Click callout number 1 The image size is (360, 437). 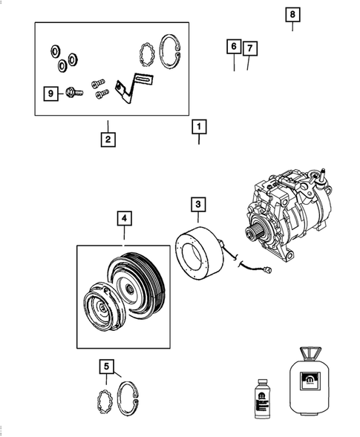pos(198,126)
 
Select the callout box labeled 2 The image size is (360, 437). pos(108,138)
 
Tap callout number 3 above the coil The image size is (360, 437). pos(198,203)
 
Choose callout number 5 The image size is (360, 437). pos(108,366)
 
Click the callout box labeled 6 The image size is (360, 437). pos(234,47)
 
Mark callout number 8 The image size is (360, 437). pos(292,15)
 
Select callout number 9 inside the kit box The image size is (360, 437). pos(51,93)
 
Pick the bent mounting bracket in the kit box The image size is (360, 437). pos(134,89)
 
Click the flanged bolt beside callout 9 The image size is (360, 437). pos(71,93)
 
